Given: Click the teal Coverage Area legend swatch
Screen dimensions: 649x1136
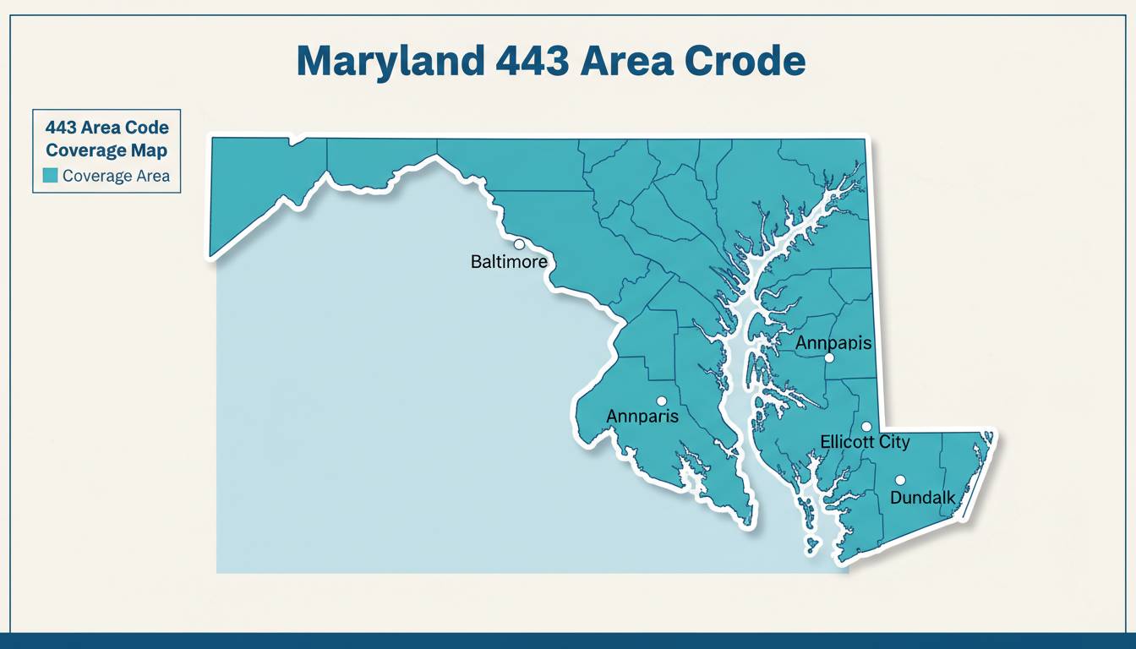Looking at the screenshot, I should pos(50,176).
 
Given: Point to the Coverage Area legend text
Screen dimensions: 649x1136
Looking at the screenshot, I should pos(116,176).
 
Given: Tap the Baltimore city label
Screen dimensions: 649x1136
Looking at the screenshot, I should pos(508,262).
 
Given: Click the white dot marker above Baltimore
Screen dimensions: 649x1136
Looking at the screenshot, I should pos(519,244).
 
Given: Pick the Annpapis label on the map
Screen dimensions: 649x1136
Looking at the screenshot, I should pos(833,343).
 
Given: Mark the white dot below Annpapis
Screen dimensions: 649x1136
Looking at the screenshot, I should pos(829,358).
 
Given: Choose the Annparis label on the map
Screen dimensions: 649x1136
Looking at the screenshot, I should pos(642,417).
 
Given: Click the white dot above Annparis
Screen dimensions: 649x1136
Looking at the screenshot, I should pos(662,401).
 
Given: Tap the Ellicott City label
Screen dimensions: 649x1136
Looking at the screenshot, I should pos(865,442).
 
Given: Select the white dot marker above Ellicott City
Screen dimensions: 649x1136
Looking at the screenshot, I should pos(866,427).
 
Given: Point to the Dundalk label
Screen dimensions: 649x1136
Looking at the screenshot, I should pos(922,498).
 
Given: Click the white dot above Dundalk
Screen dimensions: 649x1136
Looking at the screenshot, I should pos(900,480).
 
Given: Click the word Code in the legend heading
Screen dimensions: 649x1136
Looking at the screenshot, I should pos(147,128).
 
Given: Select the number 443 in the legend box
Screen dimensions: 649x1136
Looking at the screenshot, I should pos(62,128).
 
